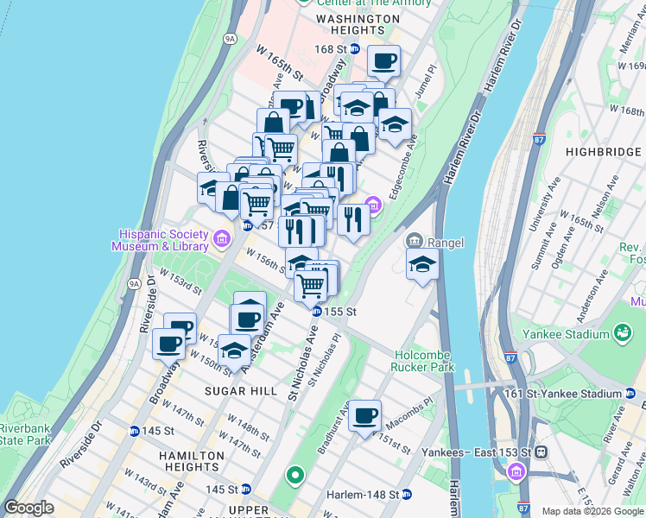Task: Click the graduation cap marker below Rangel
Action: (422, 263)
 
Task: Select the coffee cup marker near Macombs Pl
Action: (365, 415)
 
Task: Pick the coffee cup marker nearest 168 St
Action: (383, 61)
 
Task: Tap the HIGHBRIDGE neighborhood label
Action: (601, 152)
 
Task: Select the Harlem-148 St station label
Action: (362, 495)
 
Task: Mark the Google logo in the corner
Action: (28, 508)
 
